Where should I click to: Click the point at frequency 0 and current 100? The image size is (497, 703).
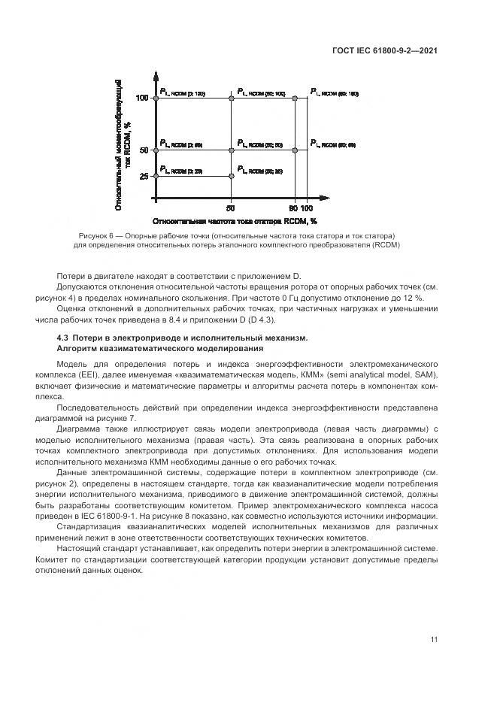pos(155,98)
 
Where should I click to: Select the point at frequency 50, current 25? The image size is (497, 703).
pos(231,176)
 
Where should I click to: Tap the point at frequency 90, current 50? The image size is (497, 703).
pos(295,150)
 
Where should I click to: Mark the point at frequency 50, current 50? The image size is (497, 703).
pos(231,150)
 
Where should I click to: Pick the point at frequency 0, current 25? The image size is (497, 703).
pos(155,176)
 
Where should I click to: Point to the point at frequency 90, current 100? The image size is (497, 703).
pos(295,98)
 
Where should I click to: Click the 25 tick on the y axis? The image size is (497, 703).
pos(144,177)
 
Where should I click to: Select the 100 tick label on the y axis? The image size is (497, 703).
pos(142,98)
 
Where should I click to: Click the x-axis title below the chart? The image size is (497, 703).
pos(235,222)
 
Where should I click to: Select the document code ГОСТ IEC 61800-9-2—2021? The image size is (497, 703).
pos(385,51)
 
